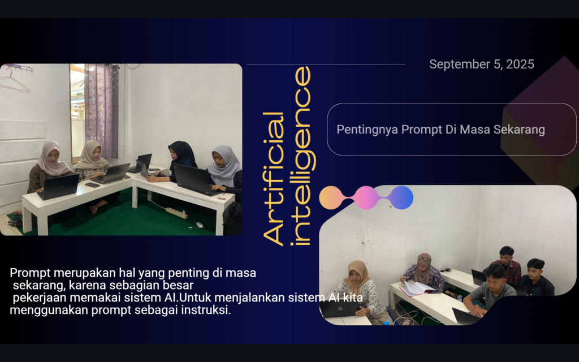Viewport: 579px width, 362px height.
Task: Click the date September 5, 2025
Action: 482,64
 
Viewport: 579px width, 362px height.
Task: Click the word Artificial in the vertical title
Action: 274,179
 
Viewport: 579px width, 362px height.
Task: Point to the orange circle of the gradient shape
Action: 331,197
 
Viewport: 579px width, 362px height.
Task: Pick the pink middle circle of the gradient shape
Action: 366,197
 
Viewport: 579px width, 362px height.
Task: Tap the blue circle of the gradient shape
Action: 401,197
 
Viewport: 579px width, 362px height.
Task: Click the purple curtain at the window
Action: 102,111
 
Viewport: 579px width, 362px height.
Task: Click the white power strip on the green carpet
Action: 176,213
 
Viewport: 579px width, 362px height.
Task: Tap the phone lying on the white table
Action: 92,185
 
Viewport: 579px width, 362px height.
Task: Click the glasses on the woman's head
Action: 424,258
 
